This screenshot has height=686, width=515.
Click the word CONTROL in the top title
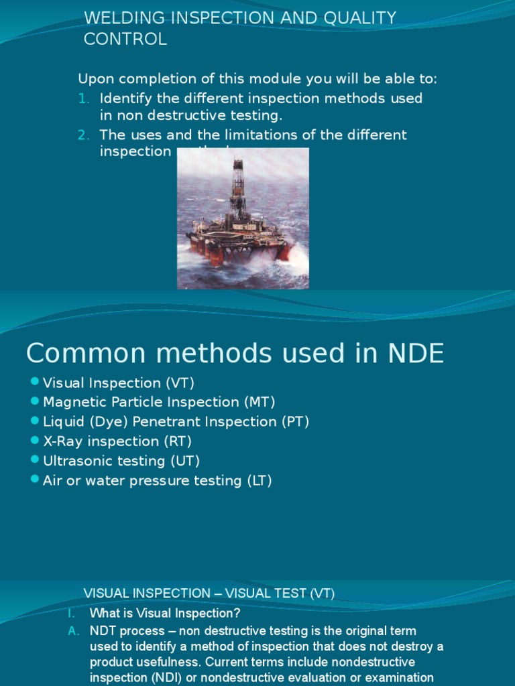tap(125, 40)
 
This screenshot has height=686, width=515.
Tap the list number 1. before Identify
tap(83, 98)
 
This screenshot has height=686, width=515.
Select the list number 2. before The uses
tap(83, 135)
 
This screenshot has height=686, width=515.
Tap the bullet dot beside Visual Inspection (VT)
tap(35, 382)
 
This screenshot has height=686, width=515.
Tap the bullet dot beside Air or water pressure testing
tap(35, 480)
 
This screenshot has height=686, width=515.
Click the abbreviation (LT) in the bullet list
tap(259, 480)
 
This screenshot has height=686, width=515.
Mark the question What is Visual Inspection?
tap(165, 613)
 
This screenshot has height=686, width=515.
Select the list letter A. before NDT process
tap(74, 631)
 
